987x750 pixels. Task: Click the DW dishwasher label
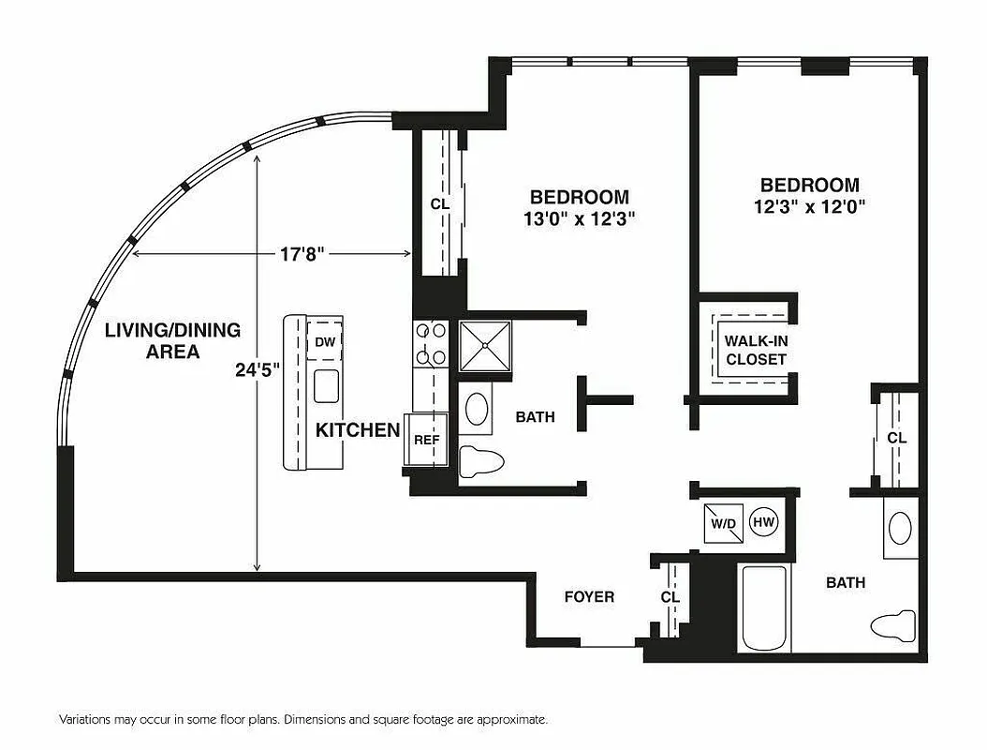click(325, 342)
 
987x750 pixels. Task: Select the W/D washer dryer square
click(723, 523)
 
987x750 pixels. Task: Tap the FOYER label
click(589, 596)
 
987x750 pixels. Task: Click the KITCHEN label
click(357, 430)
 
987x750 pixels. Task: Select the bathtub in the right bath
click(764, 608)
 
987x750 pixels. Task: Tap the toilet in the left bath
click(482, 460)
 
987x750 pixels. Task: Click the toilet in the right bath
click(892, 625)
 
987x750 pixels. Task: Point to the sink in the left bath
click(478, 410)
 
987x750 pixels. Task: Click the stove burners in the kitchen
click(431, 343)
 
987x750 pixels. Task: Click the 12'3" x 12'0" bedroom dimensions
click(809, 206)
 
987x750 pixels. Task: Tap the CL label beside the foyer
click(670, 596)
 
